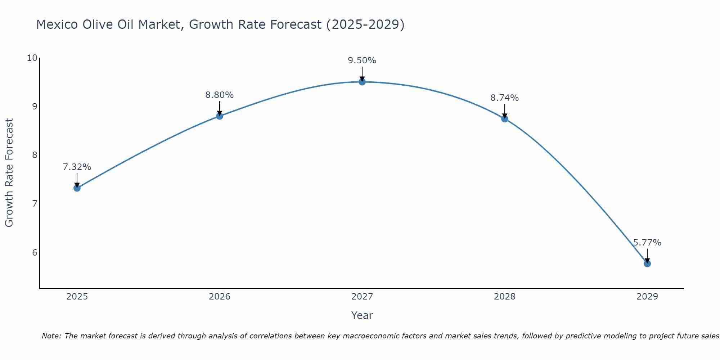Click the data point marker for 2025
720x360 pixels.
(77, 188)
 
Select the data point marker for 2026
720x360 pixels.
(220, 116)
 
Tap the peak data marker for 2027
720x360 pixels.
(362, 82)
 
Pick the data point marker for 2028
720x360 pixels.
(505, 119)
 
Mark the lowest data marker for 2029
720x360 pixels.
(647, 264)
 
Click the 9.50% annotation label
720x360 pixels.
(362, 60)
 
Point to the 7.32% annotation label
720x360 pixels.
(77, 167)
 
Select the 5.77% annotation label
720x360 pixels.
(647, 243)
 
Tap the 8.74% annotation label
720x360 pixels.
(504, 98)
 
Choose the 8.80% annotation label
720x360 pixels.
(219, 95)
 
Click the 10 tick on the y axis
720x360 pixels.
(32, 58)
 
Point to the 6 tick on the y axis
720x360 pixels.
(35, 252)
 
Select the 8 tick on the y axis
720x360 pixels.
(35, 155)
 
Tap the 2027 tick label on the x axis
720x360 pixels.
(362, 297)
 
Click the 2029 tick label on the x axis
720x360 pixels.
(647, 297)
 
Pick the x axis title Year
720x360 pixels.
(362, 315)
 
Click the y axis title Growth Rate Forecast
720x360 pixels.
(9, 173)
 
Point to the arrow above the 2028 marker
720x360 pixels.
(505, 111)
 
